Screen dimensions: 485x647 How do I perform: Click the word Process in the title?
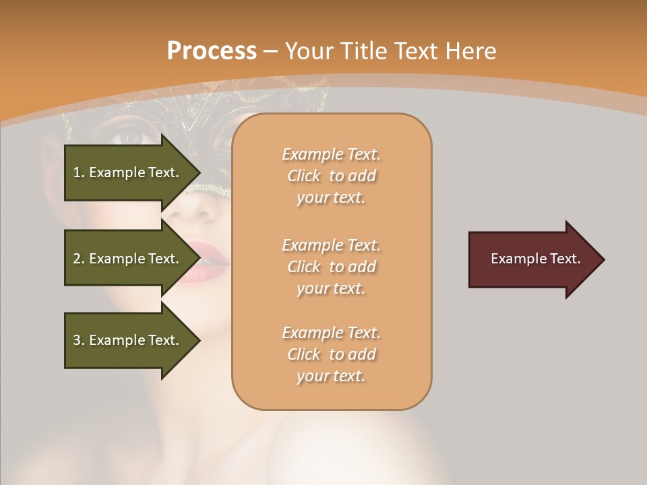click(212, 51)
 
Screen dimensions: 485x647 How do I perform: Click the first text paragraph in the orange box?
click(331, 176)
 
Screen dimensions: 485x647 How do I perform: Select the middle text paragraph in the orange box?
click(331, 267)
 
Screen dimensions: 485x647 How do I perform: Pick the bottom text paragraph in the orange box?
click(331, 354)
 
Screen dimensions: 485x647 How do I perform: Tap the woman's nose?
click(195, 209)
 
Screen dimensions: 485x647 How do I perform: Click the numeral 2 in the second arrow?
click(76, 259)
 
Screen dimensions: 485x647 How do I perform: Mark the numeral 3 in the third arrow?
click(76, 340)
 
